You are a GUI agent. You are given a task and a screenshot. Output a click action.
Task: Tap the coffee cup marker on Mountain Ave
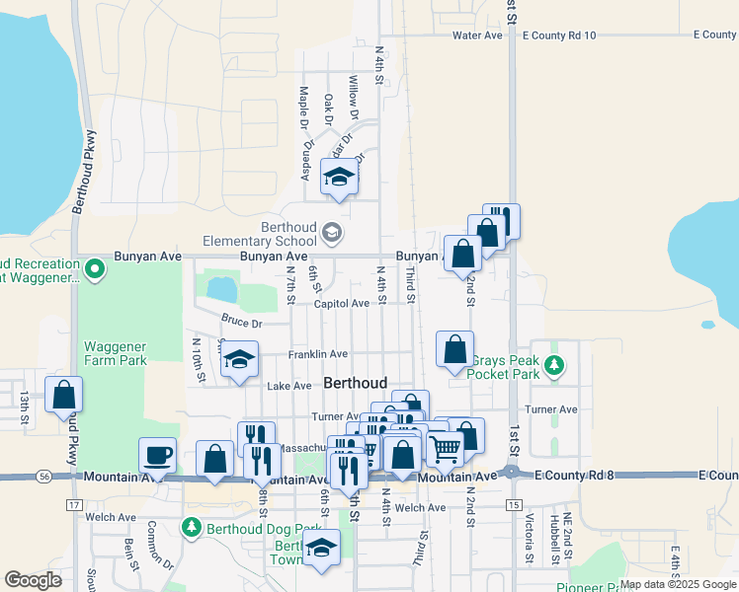pos(158,456)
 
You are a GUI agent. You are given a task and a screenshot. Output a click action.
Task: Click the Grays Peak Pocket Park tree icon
pos(554,367)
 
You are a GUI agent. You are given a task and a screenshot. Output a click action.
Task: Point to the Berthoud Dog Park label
pos(254,528)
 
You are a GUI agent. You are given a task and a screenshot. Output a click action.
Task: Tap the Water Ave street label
pos(477,36)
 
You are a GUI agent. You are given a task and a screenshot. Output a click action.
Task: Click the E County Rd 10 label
pos(559,36)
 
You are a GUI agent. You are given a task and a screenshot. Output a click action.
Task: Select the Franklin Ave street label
pos(317,354)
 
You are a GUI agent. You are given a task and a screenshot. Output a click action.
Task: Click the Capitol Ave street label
pos(341,304)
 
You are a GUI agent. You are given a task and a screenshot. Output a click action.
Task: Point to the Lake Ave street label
pos(288,386)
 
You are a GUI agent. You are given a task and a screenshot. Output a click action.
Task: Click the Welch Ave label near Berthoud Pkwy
pos(112,516)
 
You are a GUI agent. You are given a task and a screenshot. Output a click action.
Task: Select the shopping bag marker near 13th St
pos(63,395)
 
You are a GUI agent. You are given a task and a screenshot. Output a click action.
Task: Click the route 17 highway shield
pos(74,504)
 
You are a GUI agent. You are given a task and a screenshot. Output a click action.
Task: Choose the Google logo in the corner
pos(34,580)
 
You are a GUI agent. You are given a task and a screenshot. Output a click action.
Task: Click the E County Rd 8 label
pos(576,476)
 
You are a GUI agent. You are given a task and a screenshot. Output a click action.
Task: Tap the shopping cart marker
pos(445,449)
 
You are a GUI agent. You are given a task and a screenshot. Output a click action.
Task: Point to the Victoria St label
pos(530,538)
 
